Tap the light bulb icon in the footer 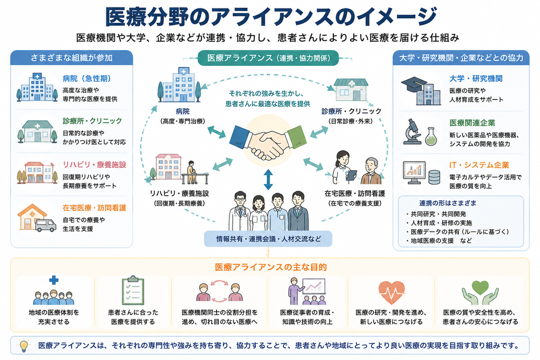point(23,346)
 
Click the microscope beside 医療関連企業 point(412,131)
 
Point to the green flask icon point(430,137)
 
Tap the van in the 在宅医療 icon point(46,226)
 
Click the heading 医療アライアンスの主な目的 point(271,267)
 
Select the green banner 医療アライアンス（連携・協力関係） point(268,58)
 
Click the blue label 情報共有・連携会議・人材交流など point(268,239)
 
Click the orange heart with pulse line point(391,292)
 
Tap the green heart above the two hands point(480,287)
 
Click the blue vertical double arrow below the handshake point(268,180)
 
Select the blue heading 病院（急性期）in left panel point(87,79)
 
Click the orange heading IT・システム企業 point(479,165)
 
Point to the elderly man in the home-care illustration point(371,171)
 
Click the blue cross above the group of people point(54,280)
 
